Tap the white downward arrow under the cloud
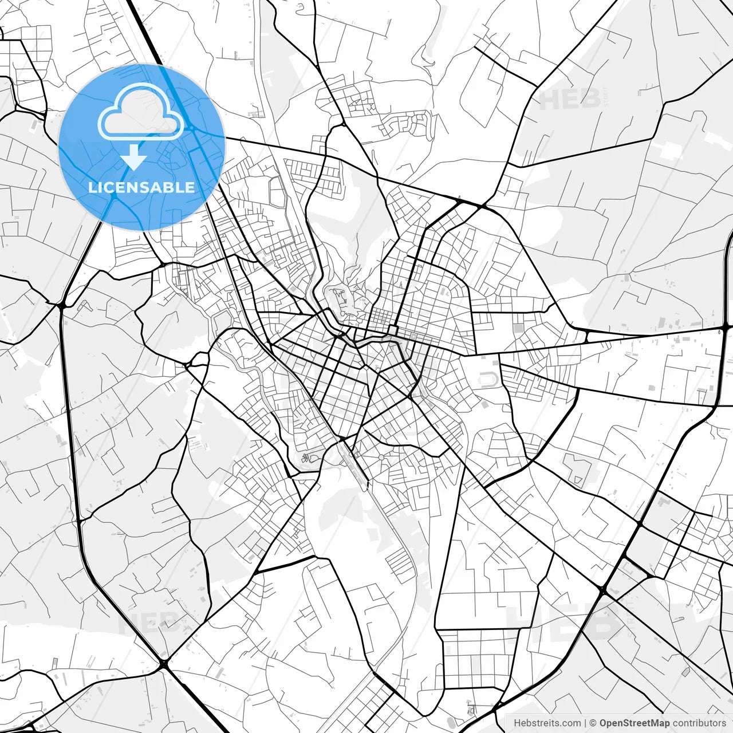pos(134,157)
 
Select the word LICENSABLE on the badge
pos(141,187)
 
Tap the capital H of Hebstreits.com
pos(517,723)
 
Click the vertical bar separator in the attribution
pos(585,723)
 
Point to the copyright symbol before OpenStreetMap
pos(593,723)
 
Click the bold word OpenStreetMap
pos(634,723)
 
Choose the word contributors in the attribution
pos(699,723)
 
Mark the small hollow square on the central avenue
pos(393,329)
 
